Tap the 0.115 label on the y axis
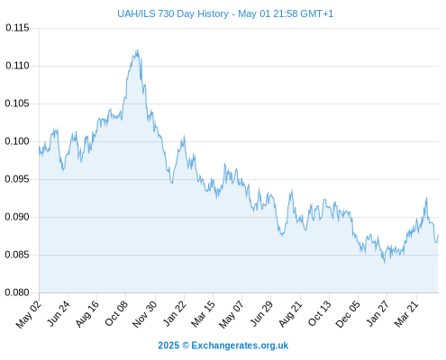tap(17, 28)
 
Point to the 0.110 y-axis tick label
tap(17, 66)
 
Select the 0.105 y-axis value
tap(17, 103)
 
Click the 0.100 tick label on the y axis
tap(17, 141)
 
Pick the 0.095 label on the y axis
tap(17, 179)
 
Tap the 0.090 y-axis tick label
tap(17, 217)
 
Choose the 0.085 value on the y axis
tap(17, 255)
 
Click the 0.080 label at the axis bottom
tap(17, 292)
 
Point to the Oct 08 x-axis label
tap(116, 313)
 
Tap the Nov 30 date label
tap(144, 314)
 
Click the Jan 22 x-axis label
tap(174, 313)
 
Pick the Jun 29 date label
tap(261, 313)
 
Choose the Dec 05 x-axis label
tap(348, 314)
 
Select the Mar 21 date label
tap(406, 313)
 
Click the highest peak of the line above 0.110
tap(137, 50)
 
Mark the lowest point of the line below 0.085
tap(385, 263)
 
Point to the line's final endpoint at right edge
tap(438, 235)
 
